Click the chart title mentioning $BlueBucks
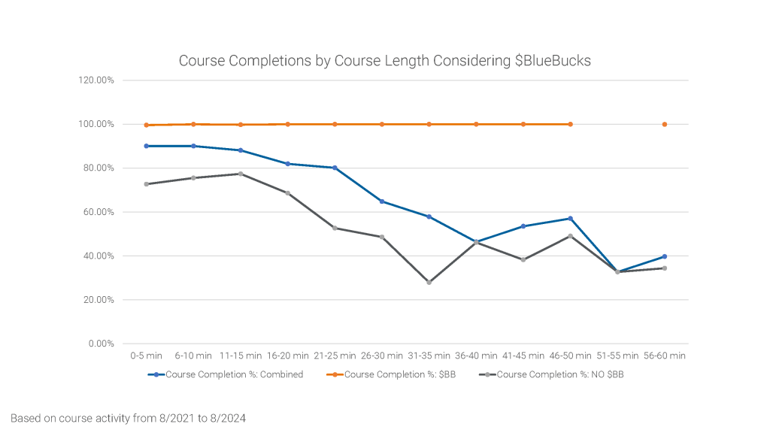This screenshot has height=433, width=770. pyautogui.click(x=384, y=61)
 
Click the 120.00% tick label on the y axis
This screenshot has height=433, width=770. pyautogui.click(x=96, y=80)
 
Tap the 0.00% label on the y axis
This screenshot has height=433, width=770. pyautogui.click(x=100, y=344)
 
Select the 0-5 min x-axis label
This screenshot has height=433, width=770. pyautogui.click(x=146, y=356)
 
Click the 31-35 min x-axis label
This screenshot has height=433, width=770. pyautogui.click(x=429, y=356)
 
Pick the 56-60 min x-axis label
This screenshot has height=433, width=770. pyautogui.click(x=664, y=356)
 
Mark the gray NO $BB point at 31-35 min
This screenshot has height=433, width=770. pyautogui.click(x=429, y=283)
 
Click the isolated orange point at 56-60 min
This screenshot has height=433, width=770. pyautogui.click(x=665, y=124)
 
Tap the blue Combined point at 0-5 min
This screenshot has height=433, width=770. pyautogui.click(x=146, y=146)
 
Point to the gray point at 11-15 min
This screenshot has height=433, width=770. pyautogui.click(x=241, y=174)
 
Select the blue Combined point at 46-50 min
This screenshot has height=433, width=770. pyautogui.click(x=570, y=218)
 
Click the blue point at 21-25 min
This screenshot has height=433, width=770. pyautogui.click(x=335, y=168)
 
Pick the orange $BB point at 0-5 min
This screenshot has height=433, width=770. pyautogui.click(x=146, y=125)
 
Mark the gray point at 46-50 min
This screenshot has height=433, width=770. pyautogui.click(x=570, y=236)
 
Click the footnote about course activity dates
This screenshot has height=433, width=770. pyautogui.click(x=128, y=417)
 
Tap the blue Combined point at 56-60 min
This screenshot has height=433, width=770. pyautogui.click(x=665, y=256)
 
